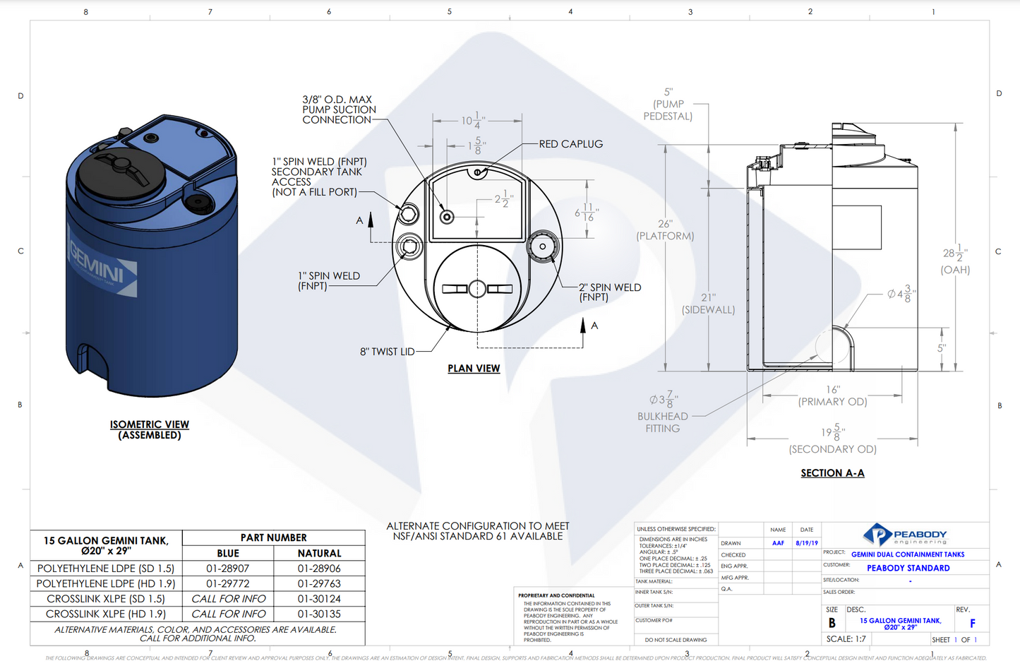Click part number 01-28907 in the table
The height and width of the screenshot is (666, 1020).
(227, 569)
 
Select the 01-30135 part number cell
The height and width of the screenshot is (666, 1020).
(319, 614)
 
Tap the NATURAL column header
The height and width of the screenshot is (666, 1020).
(319, 553)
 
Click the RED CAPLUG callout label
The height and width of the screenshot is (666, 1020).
(570, 144)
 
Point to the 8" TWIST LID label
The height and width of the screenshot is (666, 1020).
(387, 352)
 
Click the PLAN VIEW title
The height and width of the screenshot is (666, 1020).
(474, 369)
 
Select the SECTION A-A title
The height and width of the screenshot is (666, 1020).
(832, 473)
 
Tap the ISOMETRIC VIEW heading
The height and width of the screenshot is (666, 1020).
(150, 424)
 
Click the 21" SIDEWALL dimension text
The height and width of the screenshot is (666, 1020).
(708, 304)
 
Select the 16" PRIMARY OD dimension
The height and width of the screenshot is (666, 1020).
(833, 396)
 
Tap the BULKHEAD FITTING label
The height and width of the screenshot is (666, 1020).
(662, 422)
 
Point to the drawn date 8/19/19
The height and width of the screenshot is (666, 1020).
(807, 543)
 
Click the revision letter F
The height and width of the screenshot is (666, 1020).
(972, 624)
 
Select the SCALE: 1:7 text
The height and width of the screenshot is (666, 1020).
(846, 639)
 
